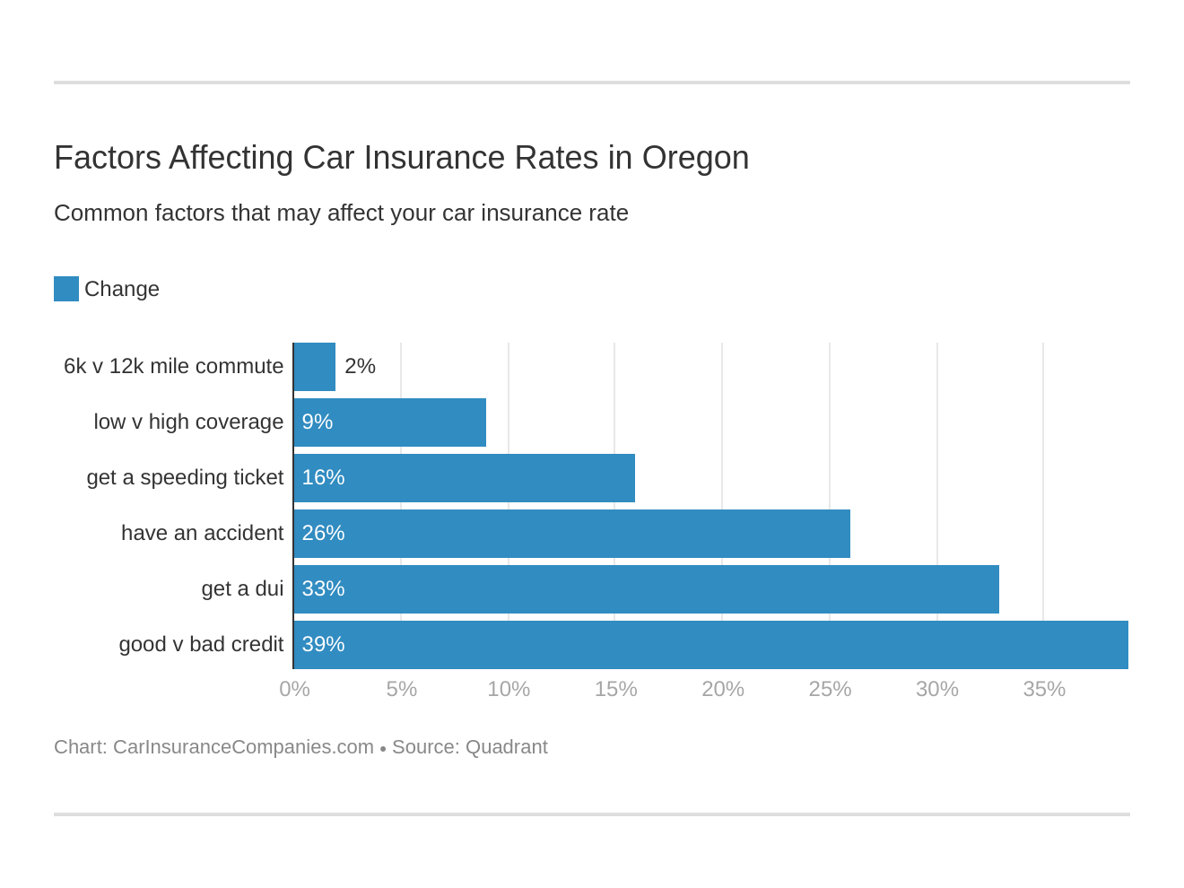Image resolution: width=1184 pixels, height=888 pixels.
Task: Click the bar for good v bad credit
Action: [x=710, y=645]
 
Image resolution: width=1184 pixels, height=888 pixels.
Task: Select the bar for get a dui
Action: [x=646, y=589]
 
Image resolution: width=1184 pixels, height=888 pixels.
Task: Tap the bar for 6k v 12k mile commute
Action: [x=314, y=367]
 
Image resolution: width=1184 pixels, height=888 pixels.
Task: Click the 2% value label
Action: [x=360, y=366]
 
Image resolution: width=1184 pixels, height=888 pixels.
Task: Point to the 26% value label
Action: [x=323, y=533]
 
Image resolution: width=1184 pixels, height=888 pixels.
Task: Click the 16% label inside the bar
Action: [x=323, y=477]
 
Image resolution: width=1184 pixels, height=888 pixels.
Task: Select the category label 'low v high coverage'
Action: [x=188, y=422]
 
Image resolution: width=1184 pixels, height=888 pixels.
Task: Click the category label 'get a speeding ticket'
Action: [x=185, y=477]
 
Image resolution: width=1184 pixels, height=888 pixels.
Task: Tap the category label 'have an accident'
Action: [x=202, y=533]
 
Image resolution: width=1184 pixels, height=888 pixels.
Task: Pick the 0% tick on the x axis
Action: [x=294, y=689]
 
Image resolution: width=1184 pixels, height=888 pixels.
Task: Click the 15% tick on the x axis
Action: [x=615, y=689]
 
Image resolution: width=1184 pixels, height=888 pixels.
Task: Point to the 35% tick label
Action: [x=1044, y=689]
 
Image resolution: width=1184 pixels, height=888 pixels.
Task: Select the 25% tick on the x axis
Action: [x=830, y=689]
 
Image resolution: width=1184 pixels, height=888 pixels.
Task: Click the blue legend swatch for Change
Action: [x=66, y=289]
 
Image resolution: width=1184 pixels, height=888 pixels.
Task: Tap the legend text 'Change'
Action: [x=122, y=289]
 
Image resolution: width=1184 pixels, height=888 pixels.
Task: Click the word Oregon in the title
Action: [x=695, y=158]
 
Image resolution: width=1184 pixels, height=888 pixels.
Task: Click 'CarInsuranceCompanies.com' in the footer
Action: [x=243, y=747]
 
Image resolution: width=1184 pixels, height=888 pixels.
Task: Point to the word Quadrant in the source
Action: [x=506, y=747]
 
